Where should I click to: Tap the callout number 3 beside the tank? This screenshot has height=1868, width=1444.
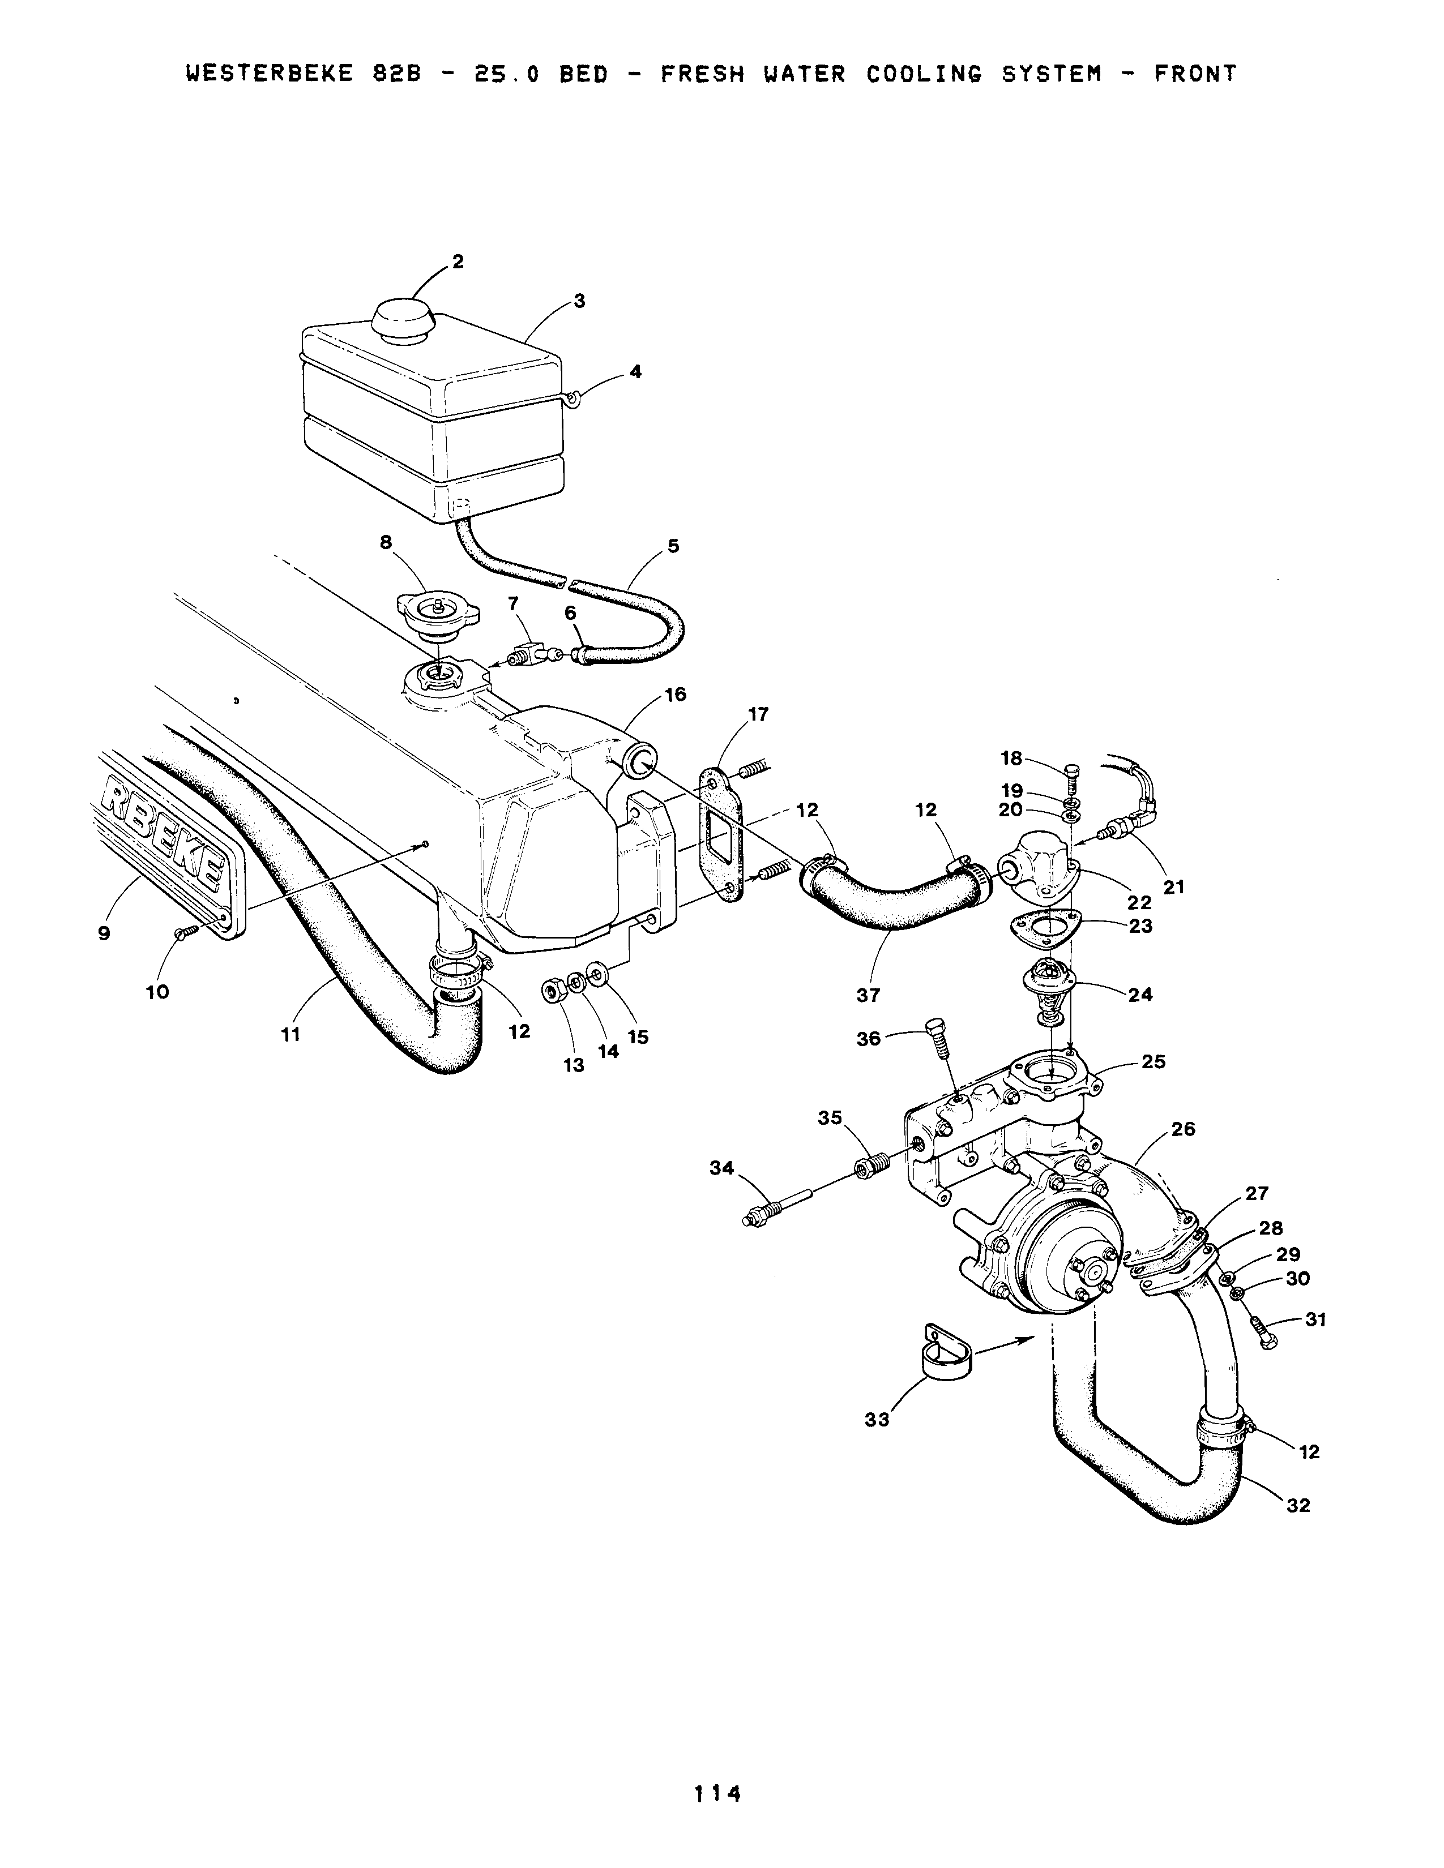click(x=579, y=301)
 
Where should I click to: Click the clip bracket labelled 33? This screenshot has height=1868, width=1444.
click(x=945, y=1360)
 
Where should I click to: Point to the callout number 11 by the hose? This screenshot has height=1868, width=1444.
click(x=291, y=1035)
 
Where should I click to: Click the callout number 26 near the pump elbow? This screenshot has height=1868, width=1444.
click(x=1182, y=1129)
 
